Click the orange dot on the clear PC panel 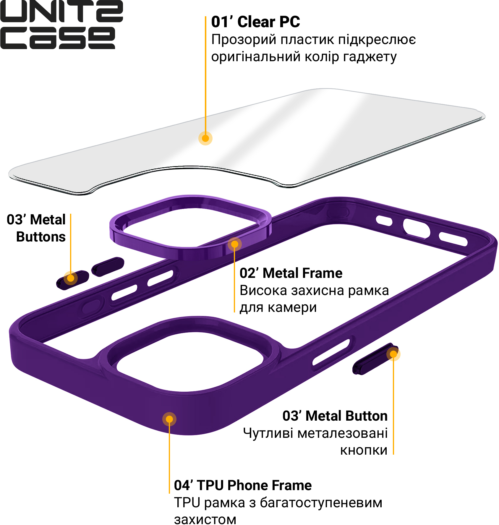205,138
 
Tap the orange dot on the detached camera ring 234,244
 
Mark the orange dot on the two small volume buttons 71,278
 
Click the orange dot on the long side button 393,354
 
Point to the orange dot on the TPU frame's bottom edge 169,419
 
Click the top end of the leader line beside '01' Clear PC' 205,17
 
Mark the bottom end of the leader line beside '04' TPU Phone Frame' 169,493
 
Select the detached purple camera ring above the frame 190,227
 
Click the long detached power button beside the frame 375,359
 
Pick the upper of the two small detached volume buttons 108,267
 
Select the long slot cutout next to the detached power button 331,352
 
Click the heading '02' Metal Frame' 291,273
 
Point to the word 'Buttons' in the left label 41,237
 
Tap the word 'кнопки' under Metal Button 364,450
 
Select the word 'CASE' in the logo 58,38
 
